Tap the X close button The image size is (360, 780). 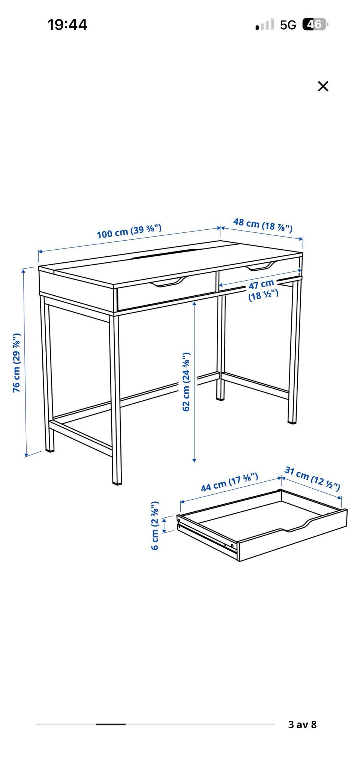coord(323,86)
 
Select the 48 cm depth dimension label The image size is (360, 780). coord(262,225)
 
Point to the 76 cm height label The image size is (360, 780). coord(16,363)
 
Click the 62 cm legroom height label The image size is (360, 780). coord(186,382)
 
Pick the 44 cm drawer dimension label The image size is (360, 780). coord(229,482)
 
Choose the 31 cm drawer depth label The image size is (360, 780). coord(312,478)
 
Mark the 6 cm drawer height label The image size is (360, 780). coord(155,525)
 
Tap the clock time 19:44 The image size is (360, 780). coord(67,25)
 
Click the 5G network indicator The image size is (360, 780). coord(288,25)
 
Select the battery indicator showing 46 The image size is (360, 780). coord(315,25)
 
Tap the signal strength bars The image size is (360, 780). coord(264,25)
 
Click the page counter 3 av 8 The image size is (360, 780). coord(302,724)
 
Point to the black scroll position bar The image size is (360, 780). coord(111,724)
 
